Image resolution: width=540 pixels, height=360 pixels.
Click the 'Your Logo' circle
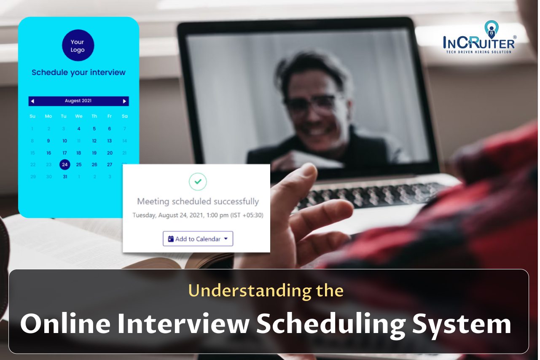pos(78,46)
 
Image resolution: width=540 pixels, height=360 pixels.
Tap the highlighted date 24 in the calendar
pos(64,164)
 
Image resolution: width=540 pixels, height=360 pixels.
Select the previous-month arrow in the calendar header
pos(32,101)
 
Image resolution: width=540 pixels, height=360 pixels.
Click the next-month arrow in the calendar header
pos(124,101)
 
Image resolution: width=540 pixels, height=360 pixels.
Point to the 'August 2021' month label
pos(78,101)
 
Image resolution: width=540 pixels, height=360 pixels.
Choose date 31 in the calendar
pos(65,177)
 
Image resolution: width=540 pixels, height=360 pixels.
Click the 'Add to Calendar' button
pos(198,239)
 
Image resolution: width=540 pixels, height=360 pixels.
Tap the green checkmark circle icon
pos(198,181)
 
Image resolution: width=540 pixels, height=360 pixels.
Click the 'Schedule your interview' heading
pos(79,73)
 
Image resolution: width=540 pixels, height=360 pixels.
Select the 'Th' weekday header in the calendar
pos(94,116)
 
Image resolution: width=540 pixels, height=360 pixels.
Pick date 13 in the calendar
pos(110,141)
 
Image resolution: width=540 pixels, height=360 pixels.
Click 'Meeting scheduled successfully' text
pos(198,201)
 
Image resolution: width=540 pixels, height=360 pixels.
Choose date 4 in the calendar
pos(79,129)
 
